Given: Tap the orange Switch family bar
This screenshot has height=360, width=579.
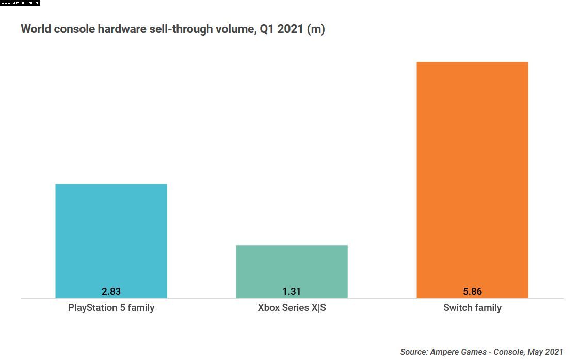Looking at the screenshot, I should coord(472,175).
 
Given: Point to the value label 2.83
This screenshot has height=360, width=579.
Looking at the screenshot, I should coord(111,291).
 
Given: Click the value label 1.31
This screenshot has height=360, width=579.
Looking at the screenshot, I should coord(292,291).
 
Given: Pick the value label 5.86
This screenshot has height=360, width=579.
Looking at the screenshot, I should coord(472,291).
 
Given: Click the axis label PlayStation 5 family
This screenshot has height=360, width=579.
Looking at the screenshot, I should coord(111,308).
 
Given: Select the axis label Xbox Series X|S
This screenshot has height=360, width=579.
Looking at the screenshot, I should coord(292,308).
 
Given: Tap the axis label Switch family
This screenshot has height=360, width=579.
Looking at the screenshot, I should coord(472,308).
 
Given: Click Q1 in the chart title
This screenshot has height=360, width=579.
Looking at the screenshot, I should coord(265,29).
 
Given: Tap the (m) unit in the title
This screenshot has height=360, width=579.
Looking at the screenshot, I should coord(316,29).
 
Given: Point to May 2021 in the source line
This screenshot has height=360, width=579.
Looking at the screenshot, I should coord(545,352).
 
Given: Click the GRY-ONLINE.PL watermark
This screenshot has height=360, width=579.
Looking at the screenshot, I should coord(20,3).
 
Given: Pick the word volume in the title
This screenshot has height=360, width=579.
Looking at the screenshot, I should coord(235,29).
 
